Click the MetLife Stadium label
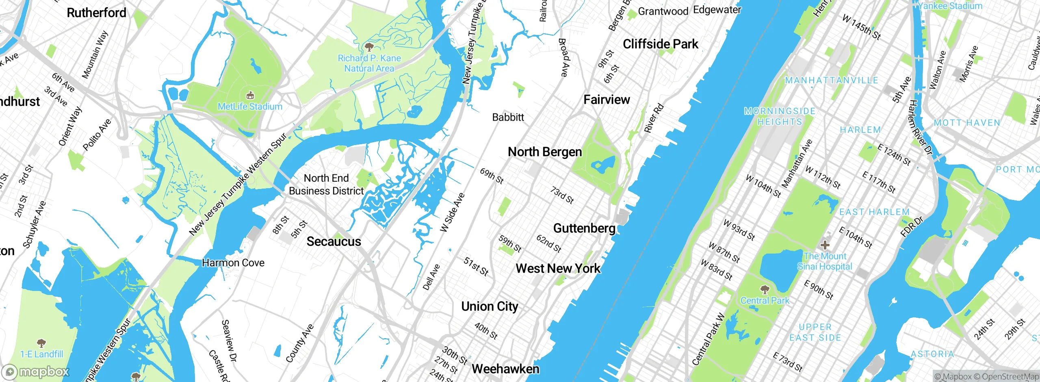(250, 106)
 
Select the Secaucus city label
(334, 241)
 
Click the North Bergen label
(545, 152)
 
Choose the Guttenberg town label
(584, 228)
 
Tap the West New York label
(558, 269)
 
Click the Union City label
(490, 306)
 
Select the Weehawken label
(505, 369)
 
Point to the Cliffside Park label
(660, 44)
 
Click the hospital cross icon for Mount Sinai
(825, 245)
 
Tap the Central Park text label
(765, 301)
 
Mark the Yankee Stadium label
(950, 6)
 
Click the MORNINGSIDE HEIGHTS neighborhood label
(780, 116)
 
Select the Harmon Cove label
(233, 263)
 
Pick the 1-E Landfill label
(41, 354)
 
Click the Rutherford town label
(96, 13)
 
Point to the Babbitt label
(508, 117)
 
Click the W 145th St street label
(861, 27)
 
